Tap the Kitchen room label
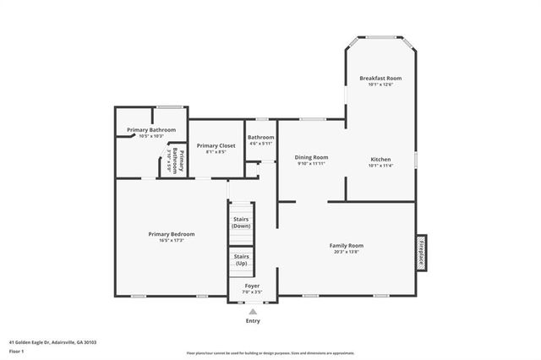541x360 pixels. (x=380, y=157)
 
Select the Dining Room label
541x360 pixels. (x=311, y=157)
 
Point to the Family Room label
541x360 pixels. (x=346, y=245)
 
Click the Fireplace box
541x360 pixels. (x=420, y=252)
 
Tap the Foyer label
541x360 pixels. (x=253, y=286)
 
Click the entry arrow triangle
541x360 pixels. (x=253, y=311)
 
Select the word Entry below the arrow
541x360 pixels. (x=253, y=321)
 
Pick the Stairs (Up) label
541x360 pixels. (x=241, y=259)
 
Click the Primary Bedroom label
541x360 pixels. (x=172, y=234)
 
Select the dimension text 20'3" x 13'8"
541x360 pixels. (x=346, y=251)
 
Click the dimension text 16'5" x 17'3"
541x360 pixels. (x=172, y=240)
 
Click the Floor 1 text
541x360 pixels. (x=16, y=351)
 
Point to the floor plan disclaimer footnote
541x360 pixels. (x=270, y=353)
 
